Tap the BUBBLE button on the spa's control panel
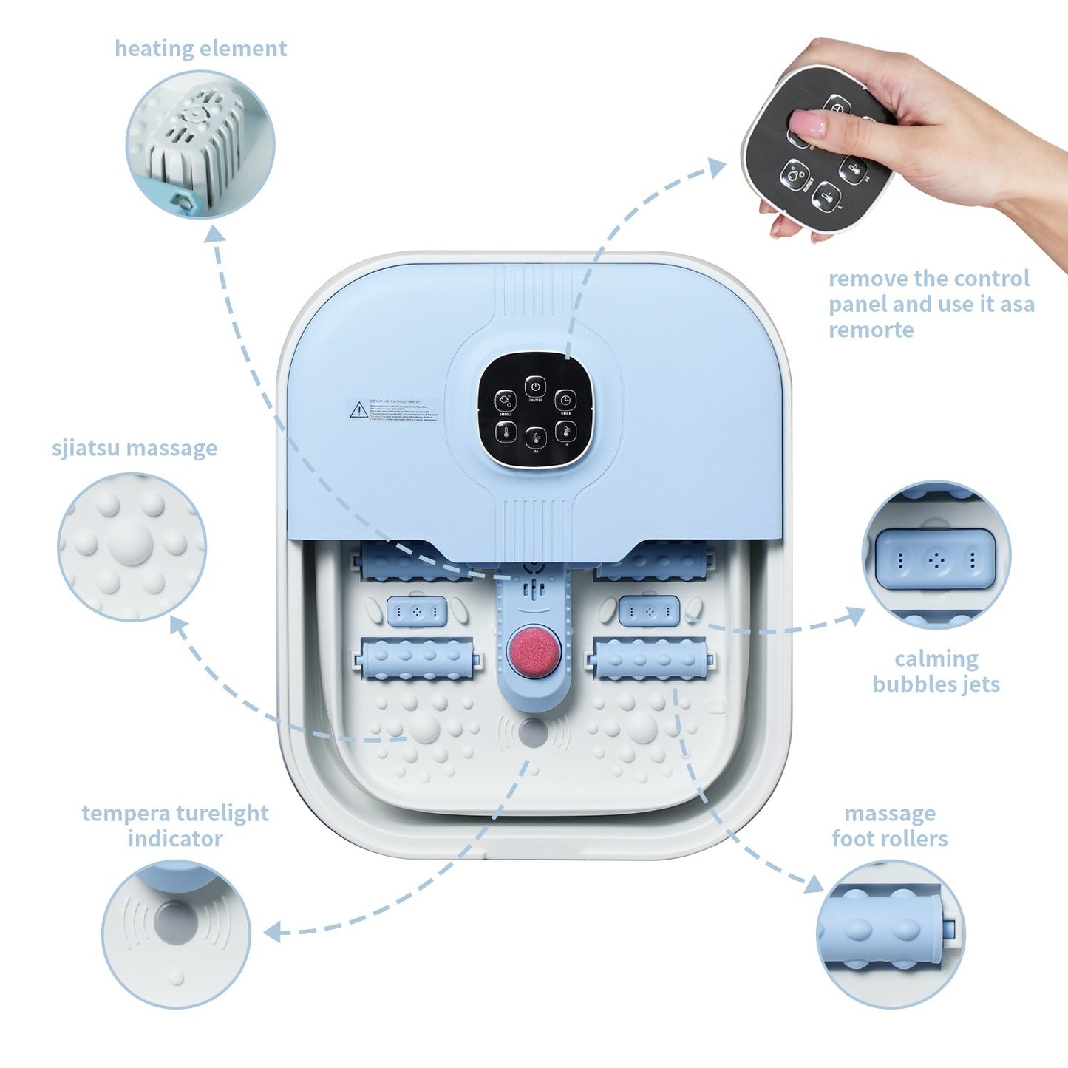point(506,401)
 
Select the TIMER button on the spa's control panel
point(565,400)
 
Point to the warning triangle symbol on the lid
point(358,409)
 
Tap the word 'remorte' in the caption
point(871,330)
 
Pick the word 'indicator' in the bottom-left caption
point(174,839)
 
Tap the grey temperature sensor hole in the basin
point(533,732)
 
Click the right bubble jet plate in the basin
point(648,611)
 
